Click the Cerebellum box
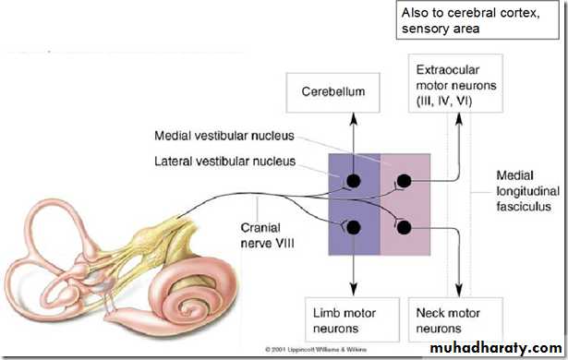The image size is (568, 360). pyautogui.click(x=332, y=92)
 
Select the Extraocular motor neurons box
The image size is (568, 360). pyautogui.click(x=455, y=83)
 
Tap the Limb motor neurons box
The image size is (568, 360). pyautogui.click(x=352, y=319)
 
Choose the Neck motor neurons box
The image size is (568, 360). pyautogui.click(x=455, y=319)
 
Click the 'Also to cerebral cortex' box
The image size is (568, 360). pyautogui.click(x=477, y=20)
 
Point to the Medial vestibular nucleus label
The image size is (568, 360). pyautogui.click(x=224, y=136)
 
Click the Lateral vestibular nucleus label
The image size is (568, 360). pyautogui.click(x=225, y=162)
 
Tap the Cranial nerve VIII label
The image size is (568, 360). pyautogui.click(x=267, y=235)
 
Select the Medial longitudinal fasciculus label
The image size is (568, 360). pyautogui.click(x=527, y=191)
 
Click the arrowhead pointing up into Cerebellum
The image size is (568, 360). pyautogui.click(x=354, y=119)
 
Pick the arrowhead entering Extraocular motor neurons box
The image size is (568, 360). pyautogui.click(x=459, y=119)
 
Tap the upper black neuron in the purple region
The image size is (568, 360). pyautogui.click(x=353, y=181)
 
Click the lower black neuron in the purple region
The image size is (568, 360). pyautogui.click(x=353, y=227)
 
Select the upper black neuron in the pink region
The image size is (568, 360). pyautogui.click(x=404, y=181)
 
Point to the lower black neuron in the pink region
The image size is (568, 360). pyautogui.click(x=404, y=227)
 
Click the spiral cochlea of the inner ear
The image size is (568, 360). pyautogui.click(x=194, y=295)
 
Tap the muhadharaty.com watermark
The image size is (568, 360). pyautogui.click(x=496, y=348)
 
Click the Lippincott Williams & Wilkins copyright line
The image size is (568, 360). pyautogui.click(x=316, y=350)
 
